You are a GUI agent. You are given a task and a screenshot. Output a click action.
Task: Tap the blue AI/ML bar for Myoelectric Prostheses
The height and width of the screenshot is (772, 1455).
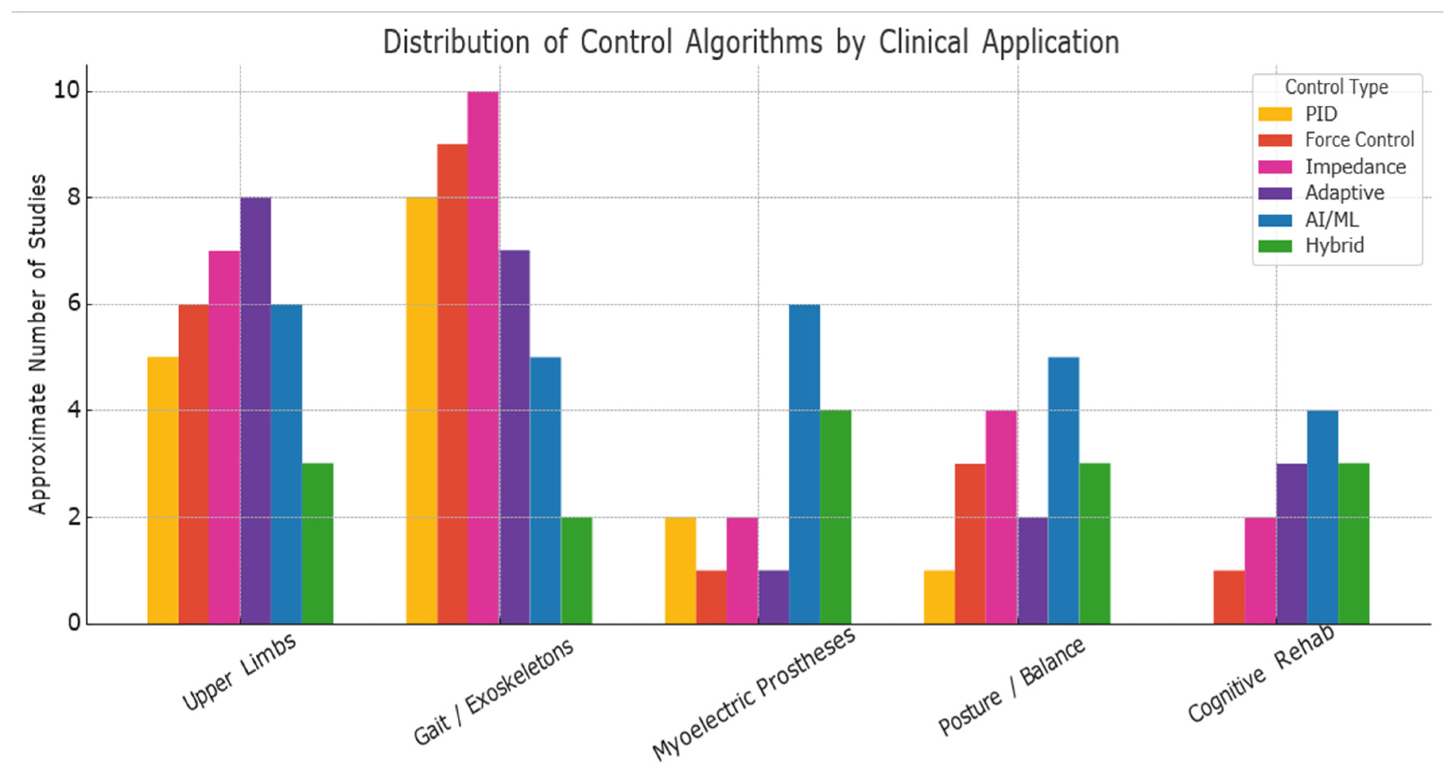(x=804, y=464)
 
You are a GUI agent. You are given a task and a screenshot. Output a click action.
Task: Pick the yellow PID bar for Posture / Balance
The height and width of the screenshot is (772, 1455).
(x=939, y=597)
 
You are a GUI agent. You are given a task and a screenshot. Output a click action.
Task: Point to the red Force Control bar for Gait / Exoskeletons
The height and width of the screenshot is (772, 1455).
(x=453, y=384)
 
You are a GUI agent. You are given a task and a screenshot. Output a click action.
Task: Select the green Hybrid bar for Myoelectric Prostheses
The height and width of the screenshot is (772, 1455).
(x=835, y=517)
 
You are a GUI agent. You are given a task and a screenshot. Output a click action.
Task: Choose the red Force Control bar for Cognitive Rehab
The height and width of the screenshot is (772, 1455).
(x=1229, y=597)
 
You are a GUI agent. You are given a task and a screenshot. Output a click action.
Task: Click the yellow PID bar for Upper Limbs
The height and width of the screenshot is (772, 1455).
(x=163, y=490)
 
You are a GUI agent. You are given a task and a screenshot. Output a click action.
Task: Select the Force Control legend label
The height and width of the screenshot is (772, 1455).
(x=1359, y=140)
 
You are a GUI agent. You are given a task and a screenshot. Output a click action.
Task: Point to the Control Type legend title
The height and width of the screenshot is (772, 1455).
(x=1337, y=87)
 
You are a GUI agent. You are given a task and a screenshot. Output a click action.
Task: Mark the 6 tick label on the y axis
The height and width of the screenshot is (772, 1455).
(x=74, y=304)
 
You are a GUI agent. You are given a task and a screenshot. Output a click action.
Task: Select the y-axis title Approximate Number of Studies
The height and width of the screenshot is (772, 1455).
(x=37, y=345)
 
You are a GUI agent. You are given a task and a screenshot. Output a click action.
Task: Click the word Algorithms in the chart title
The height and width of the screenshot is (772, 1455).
(x=754, y=43)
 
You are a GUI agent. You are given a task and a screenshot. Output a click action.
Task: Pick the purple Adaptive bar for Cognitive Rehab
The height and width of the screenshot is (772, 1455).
(x=1291, y=543)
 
